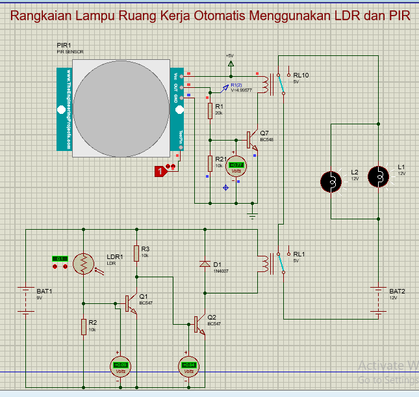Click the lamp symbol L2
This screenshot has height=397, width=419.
pos(333,182)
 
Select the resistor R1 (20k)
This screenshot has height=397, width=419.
pos(210,111)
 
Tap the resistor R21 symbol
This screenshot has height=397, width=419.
pos(210,162)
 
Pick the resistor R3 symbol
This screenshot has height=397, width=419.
pos(136,253)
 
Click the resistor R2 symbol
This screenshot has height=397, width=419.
pos(84,326)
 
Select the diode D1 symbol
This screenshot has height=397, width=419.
pos(205,264)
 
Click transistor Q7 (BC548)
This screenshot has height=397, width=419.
pos(251,139)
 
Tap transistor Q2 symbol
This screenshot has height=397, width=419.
pos(199,323)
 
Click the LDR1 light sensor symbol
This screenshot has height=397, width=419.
pos(83,263)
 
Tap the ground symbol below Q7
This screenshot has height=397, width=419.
pos(253,213)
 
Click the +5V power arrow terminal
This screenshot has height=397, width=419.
pos(230,64)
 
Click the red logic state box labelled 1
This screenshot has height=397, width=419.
pos(159,171)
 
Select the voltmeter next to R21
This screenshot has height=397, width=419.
pos(236,165)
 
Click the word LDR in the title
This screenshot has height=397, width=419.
pos(349,16)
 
